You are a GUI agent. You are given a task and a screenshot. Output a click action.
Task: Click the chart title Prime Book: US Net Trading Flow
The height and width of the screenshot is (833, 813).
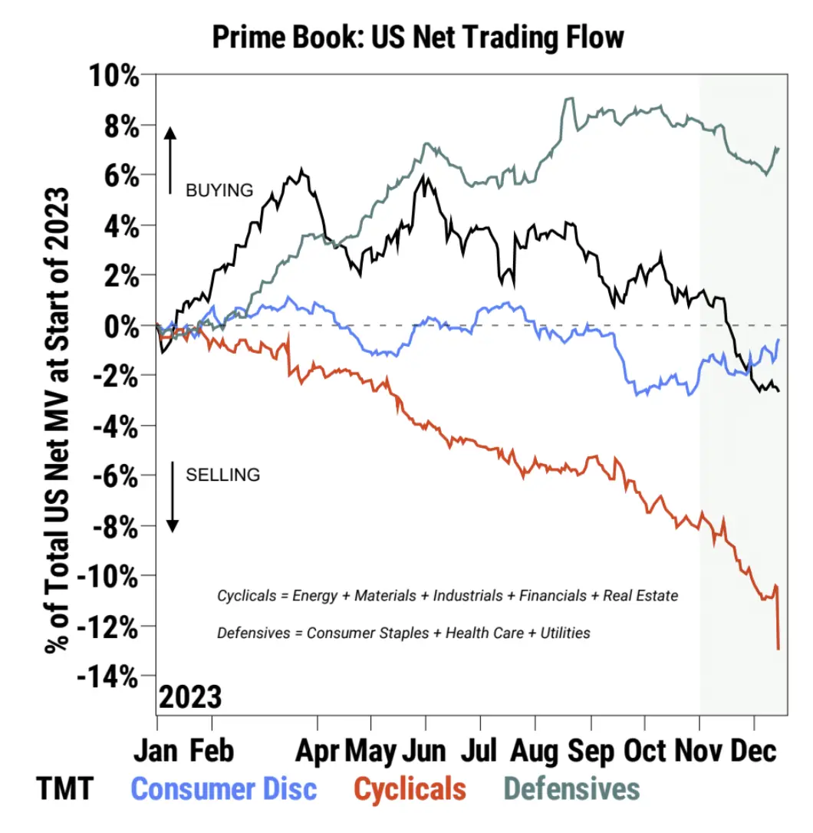[418, 37]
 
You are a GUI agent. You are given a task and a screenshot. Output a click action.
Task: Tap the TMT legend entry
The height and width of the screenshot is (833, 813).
[64, 789]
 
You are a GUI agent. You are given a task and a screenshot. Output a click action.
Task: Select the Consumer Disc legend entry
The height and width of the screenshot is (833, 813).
[224, 789]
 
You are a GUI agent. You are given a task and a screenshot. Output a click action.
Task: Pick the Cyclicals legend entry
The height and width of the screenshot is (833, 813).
[410, 789]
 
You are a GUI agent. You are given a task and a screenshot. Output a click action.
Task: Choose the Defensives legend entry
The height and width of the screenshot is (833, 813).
[572, 789]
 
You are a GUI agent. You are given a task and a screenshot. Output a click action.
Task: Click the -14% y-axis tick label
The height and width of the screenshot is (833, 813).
[111, 677]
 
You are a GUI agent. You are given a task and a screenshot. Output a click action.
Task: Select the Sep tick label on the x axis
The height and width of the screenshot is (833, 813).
[591, 751]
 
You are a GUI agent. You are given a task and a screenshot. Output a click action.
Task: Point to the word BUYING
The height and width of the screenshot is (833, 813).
[219, 190]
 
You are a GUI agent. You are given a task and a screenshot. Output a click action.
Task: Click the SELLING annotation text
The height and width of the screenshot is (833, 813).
[223, 475]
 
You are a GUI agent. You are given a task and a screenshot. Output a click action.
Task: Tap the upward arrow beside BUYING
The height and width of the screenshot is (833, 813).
[170, 160]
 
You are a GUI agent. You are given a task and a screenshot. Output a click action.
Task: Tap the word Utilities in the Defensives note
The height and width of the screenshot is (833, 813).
[564, 634]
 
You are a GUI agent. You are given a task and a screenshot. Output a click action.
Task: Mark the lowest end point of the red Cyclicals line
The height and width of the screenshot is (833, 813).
[778, 649]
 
